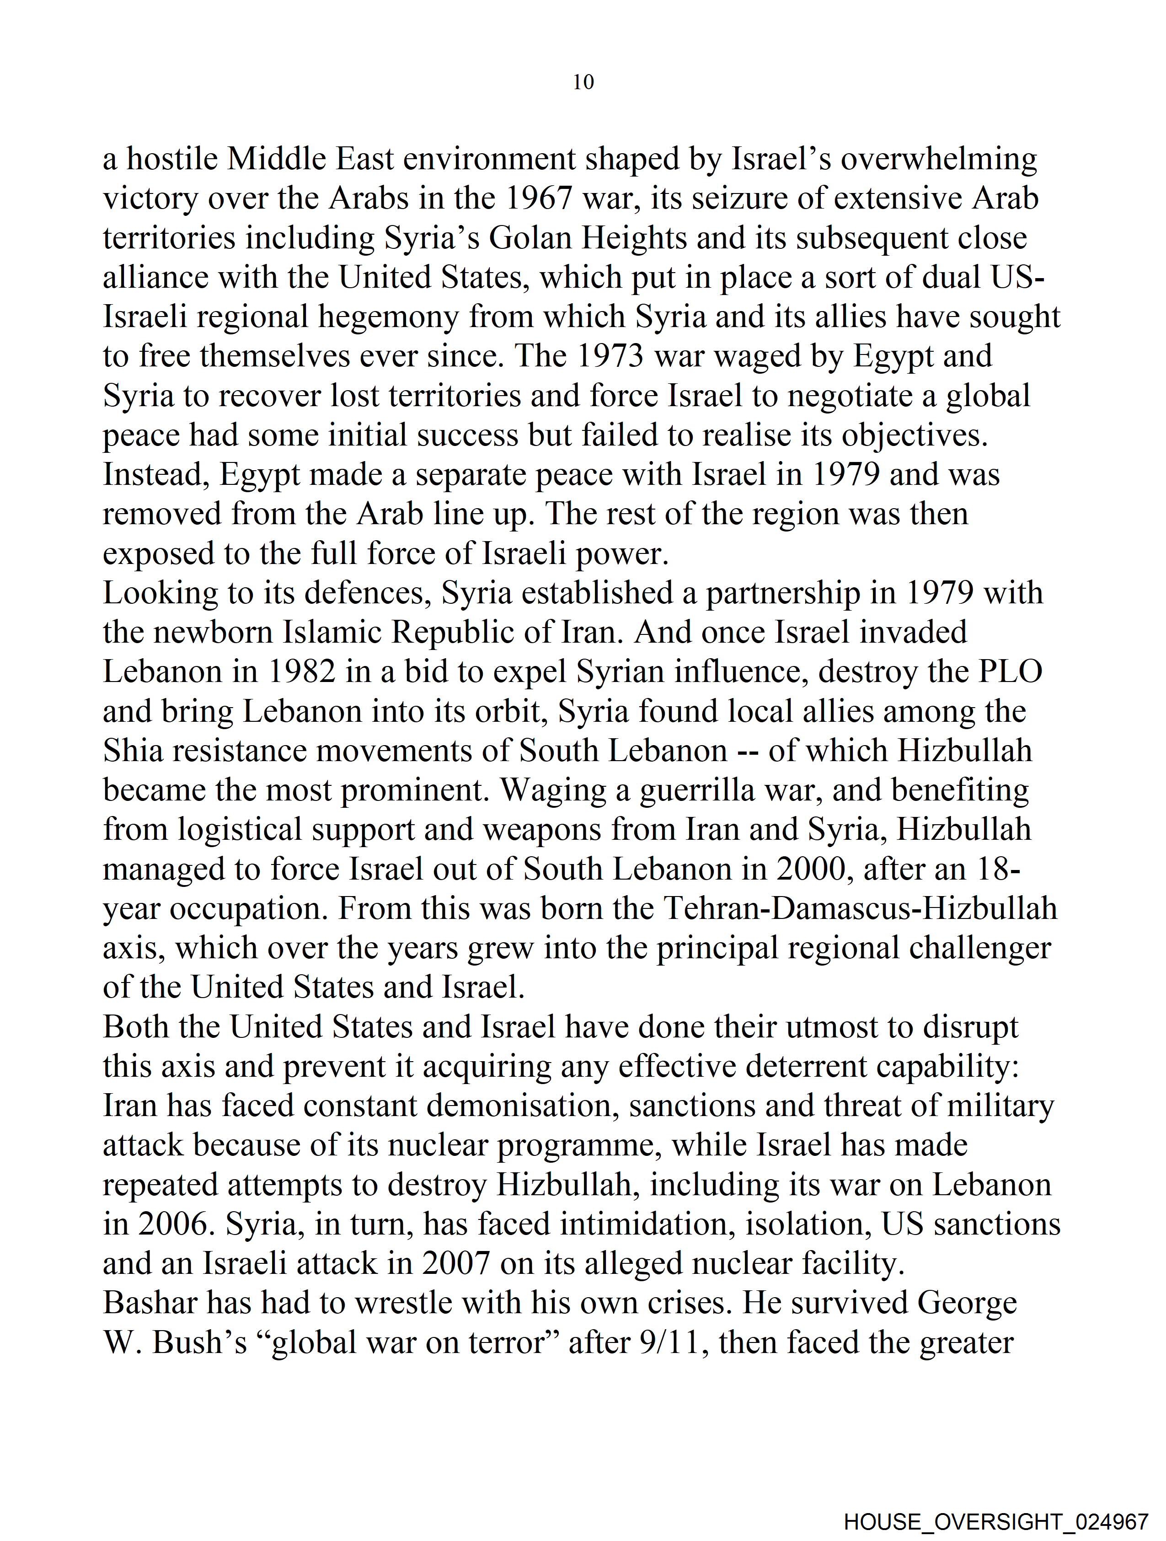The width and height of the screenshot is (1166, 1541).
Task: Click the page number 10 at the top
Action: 583,82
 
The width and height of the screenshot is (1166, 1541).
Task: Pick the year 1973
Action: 611,356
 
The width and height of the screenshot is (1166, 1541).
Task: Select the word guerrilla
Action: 697,790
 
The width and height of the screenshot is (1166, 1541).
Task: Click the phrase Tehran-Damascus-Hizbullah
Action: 860,908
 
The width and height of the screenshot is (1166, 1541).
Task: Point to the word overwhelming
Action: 938,160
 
